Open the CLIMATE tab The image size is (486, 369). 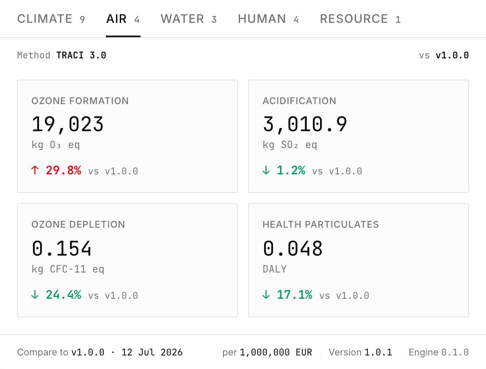[x=51, y=19]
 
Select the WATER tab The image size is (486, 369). [x=188, y=19]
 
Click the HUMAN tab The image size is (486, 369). [x=268, y=19]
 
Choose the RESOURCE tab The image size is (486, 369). [x=360, y=19]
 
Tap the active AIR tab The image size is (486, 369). [x=123, y=19]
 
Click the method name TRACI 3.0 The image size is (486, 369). [x=81, y=55]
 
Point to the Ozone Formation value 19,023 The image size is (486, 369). [x=68, y=124]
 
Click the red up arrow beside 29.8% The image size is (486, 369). [x=35, y=170]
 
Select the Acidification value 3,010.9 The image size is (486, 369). [x=305, y=124]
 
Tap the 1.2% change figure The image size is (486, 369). [x=291, y=171]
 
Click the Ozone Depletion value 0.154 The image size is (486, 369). [x=62, y=248]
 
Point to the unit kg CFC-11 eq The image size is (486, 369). [x=68, y=269]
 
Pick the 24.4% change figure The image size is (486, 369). [x=64, y=295]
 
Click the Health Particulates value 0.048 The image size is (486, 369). [x=293, y=248]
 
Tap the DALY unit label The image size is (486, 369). [x=275, y=269]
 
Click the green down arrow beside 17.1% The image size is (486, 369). [x=266, y=295]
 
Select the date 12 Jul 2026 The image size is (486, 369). [x=152, y=352]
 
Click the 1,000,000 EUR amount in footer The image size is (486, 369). [x=276, y=352]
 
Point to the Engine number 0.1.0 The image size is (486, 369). [x=455, y=352]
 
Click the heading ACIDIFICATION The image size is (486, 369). [x=299, y=101]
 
